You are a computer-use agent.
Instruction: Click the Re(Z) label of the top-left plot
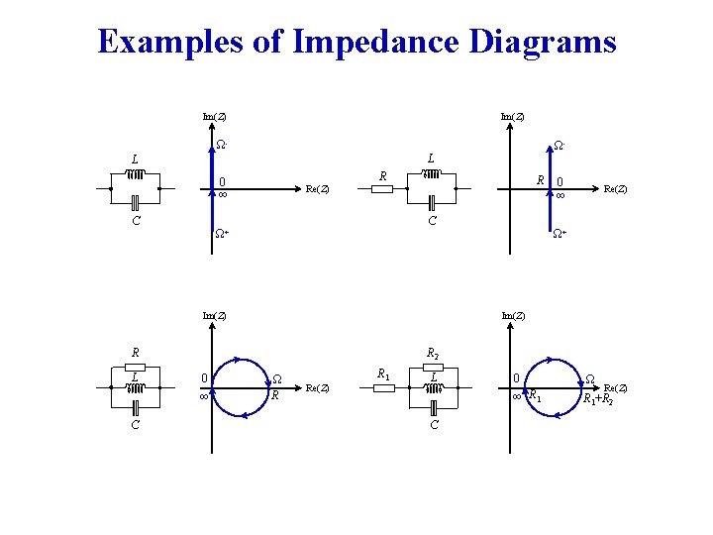coord(318,188)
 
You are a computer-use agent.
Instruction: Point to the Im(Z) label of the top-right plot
coord(512,117)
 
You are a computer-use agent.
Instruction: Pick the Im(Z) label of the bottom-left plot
coord(213,316)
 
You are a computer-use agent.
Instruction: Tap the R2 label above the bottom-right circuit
coord(433,352)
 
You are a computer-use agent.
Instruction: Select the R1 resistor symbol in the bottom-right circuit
coord(384,387)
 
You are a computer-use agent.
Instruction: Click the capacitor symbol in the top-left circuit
coord(135,203)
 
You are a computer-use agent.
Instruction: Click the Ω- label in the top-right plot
coord(559,146)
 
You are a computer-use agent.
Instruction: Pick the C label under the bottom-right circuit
coord(433,425)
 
